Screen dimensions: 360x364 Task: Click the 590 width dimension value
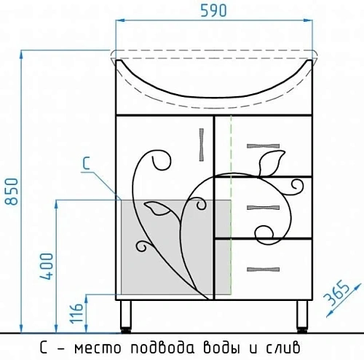214,12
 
